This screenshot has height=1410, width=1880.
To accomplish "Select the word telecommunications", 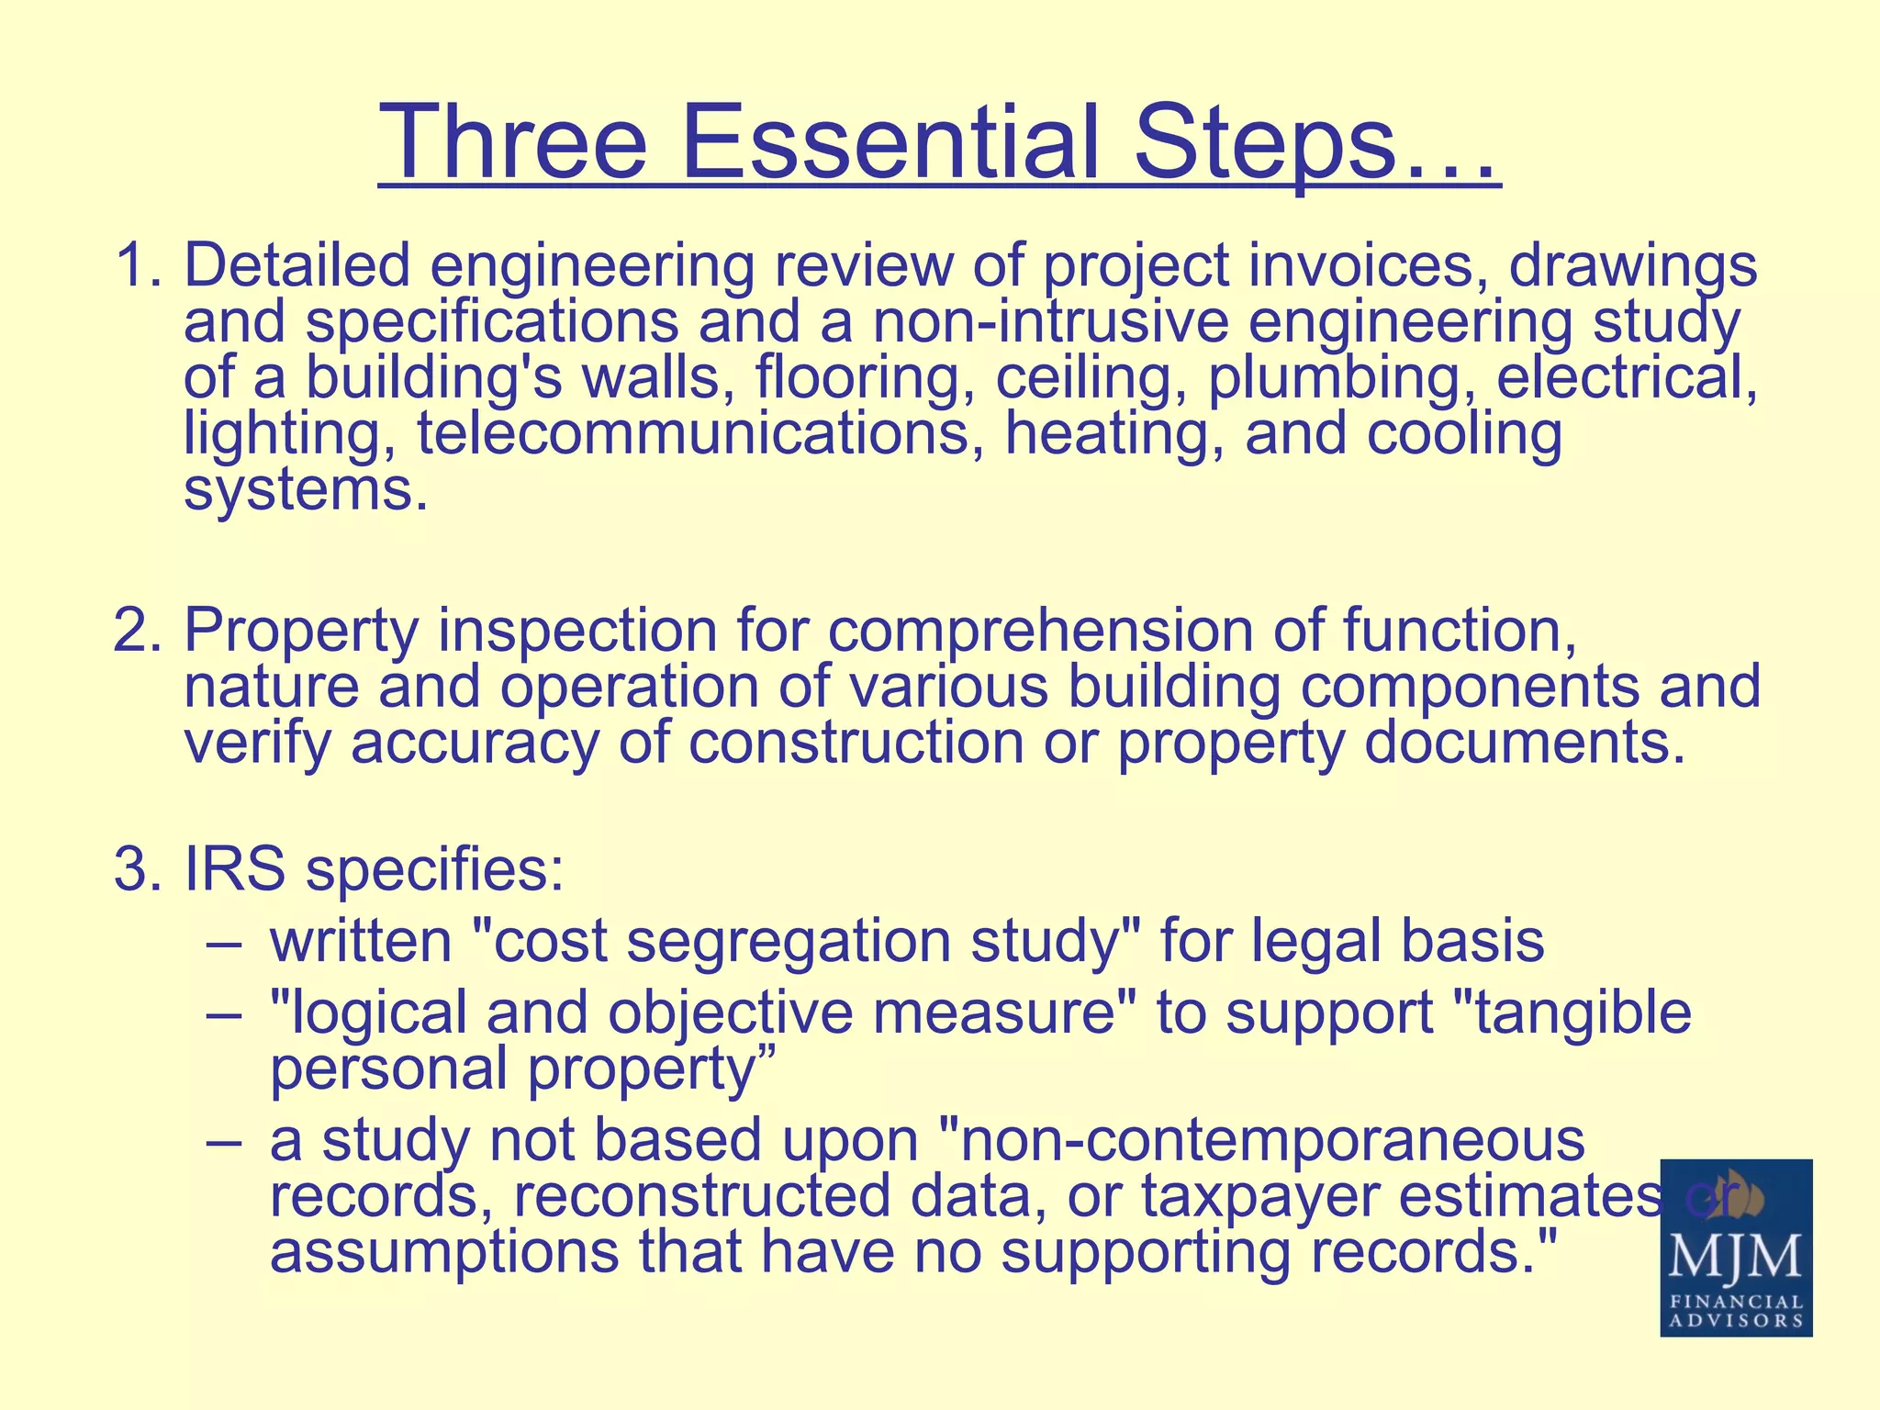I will click(x=693, y=433).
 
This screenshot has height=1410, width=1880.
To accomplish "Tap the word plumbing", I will click(x=1341, y=378).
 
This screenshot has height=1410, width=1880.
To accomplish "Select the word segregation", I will click(x=789, y=942).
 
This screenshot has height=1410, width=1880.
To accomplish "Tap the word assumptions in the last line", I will click(x=444, y=1253).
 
